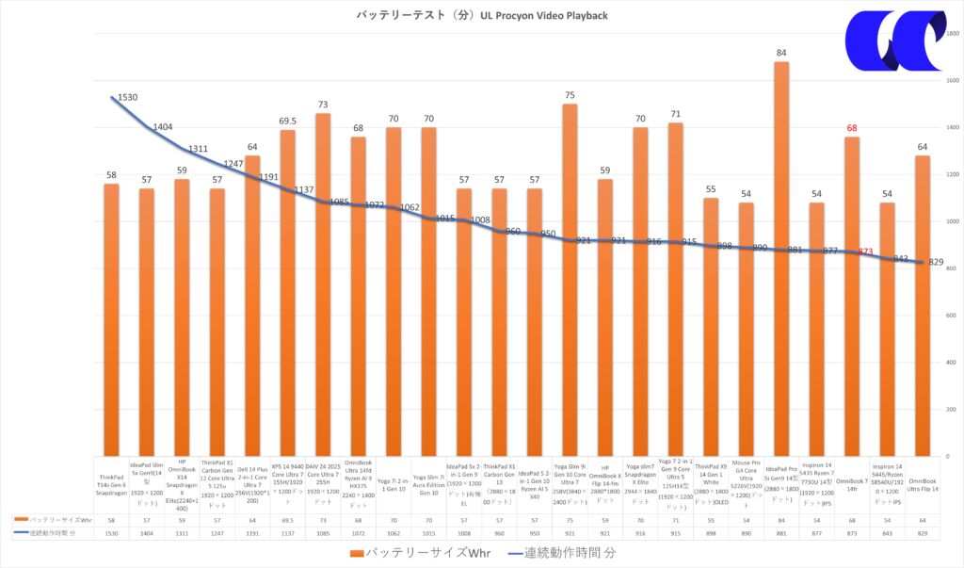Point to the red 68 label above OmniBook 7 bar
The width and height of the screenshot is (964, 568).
(851, 128)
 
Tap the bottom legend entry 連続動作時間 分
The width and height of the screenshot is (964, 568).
(560, 552)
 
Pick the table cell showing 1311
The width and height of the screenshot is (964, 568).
(182, 534)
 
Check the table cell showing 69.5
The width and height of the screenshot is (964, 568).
(287, 519)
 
